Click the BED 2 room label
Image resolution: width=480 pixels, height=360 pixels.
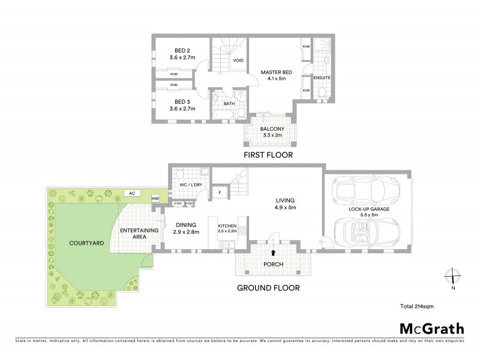coord(181,53)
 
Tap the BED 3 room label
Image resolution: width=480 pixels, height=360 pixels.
coord(181,106)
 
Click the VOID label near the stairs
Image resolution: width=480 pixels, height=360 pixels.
coord(238,60)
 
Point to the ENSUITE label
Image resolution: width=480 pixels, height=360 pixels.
coord(322,78)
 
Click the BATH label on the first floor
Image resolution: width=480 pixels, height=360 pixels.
coord(229,103)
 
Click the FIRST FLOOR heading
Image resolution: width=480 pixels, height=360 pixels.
coord(268,155)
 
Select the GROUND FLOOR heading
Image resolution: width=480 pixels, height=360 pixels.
coord(268,287)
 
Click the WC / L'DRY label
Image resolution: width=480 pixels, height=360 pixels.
coord(190,185)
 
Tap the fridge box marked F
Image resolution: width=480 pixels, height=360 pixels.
coord(220,192)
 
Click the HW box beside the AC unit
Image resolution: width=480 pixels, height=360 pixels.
coord(155,199)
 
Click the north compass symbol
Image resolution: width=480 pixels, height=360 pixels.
coord(453,277)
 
